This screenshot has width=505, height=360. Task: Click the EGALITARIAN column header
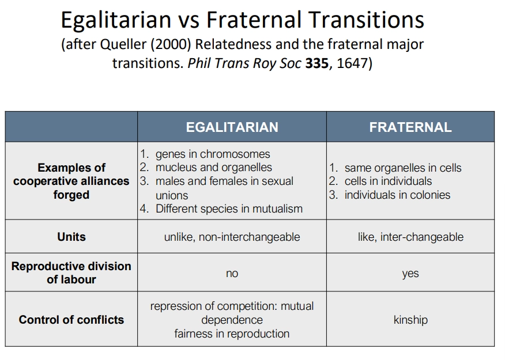click(232, 127)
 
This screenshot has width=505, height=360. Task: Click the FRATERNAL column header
click(410, 127)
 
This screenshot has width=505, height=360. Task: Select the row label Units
click(71, 237)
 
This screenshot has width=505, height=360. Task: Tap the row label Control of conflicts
click(71, 320)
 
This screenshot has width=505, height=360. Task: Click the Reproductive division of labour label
click(71, 272)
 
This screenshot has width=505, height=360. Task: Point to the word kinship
click(410, 320)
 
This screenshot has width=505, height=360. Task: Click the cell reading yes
click(410, 274)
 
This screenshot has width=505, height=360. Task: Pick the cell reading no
click(232, 274)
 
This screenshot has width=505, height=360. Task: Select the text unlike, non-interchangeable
click(232, 237)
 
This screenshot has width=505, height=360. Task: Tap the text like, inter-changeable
click(410, 237)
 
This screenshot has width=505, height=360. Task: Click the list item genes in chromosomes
click(212, 154)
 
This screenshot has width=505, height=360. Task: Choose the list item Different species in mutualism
click(229, 209)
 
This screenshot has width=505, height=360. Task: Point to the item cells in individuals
click(388, 181)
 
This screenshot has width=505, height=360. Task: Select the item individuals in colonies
click(397, 195)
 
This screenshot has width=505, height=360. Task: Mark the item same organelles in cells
click(402, 168)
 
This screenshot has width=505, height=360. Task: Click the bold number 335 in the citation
click(316, 63)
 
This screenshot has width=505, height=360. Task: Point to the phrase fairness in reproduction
click(232, 334)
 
